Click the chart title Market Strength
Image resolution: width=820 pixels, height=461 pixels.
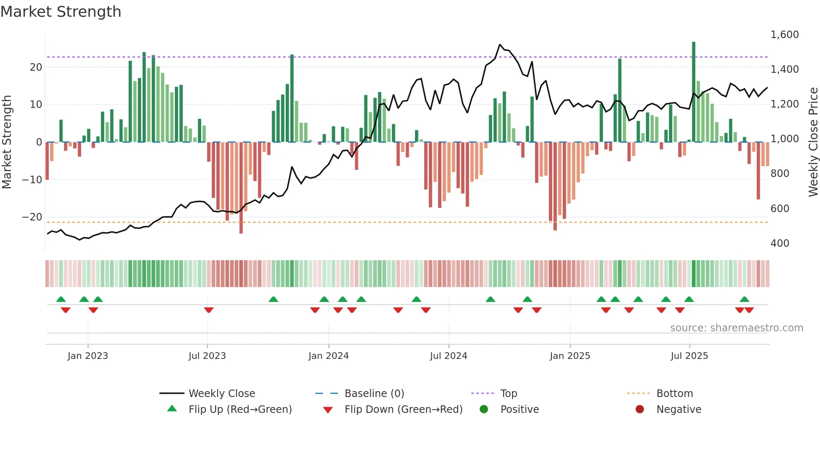point(61,12)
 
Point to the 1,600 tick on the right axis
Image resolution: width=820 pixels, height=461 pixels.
point(784,35)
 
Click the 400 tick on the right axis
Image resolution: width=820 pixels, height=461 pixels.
point(779,243)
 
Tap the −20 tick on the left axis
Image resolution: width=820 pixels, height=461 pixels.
point(32,217)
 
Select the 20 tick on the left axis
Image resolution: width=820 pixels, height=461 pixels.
point(36,67)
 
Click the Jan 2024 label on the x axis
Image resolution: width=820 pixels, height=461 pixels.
point(328,356)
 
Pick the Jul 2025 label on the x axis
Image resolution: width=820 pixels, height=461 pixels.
point(689,356)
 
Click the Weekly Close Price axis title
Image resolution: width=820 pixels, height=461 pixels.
point(813,142)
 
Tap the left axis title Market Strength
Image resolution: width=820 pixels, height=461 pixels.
point(7,142)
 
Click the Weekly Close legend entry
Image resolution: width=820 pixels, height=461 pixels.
point(221,394)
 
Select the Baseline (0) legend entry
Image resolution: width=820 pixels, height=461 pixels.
point(374,394)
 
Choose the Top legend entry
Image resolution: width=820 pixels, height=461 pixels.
point(508,394)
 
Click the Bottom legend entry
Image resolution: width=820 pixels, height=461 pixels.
point(674,394)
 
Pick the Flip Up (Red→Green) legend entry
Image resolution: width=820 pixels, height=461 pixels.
point(240,410)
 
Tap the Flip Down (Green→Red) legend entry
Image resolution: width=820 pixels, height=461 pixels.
point(403,410)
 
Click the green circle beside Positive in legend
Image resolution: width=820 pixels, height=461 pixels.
point(484,410)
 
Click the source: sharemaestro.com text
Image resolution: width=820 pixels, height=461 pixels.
point(736,328)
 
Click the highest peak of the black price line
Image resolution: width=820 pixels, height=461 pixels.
point(500,44)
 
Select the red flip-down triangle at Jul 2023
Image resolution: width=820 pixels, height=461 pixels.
point(209,310)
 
